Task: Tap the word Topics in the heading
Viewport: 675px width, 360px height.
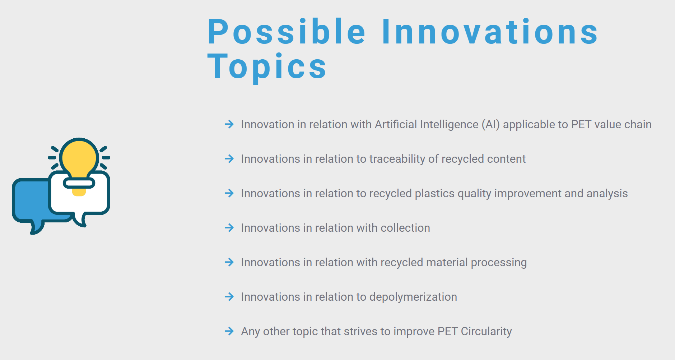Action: (267, 67)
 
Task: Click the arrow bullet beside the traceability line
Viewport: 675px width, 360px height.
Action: (229, 159)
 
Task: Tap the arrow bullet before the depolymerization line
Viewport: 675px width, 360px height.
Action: (229, 297)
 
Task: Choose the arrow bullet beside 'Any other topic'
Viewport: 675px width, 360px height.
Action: (229, 331)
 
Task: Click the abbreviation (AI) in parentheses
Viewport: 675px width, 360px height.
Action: (490, 124)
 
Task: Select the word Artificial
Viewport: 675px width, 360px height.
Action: (396, 124)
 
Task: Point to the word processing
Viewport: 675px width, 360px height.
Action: (499, 263)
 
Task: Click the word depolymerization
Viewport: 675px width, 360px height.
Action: (413, 297)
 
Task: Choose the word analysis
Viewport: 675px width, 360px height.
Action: (607, 194)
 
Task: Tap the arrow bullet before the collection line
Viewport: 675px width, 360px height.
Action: (229, 228)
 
